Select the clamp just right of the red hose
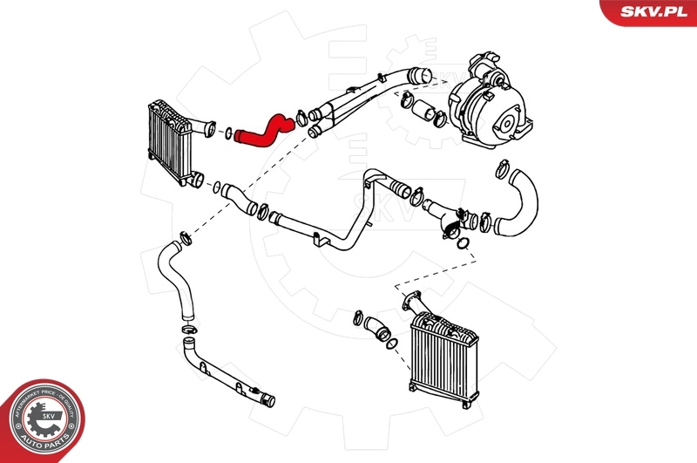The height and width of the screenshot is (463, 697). (301, 116)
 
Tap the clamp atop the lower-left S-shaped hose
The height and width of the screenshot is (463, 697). (186, 235)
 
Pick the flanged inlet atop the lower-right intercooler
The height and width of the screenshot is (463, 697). (409, 300)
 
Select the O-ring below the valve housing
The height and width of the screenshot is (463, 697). (465, 242)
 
